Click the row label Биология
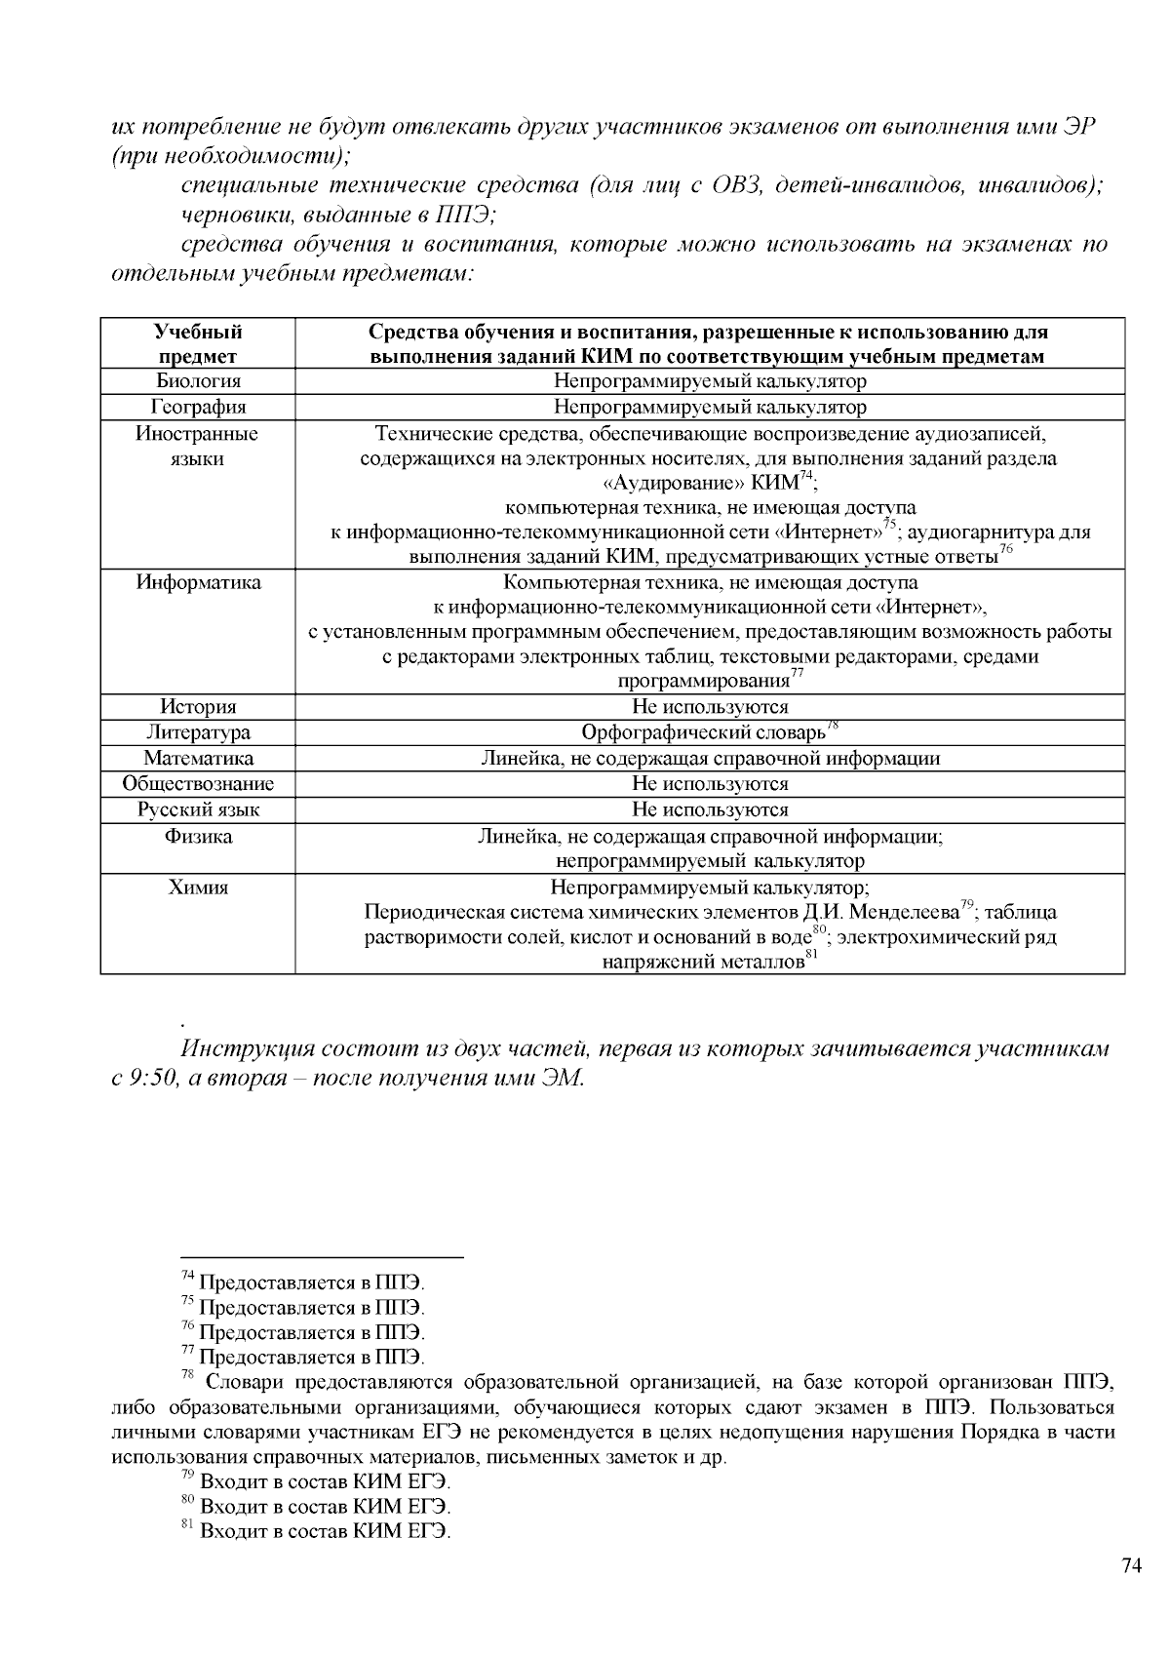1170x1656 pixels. (x=198, y=381)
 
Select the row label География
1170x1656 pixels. (x=198, y=407)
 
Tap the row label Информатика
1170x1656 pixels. (x=198, y=582)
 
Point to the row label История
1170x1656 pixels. (x=198, y=707)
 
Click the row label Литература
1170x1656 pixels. (x=198, y=732)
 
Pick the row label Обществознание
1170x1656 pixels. (x=198, y=784)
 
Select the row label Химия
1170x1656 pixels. (x=198, y=887)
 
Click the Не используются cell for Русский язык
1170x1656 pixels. (x=710, y=809)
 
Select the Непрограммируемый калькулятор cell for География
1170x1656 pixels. (x=710, y=407)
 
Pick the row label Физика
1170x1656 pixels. (x=198, y=837)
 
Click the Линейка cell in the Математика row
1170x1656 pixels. (x=710, y=759)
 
